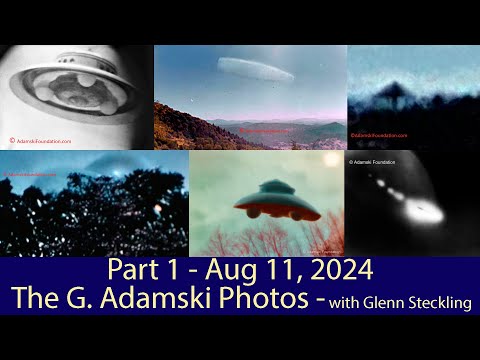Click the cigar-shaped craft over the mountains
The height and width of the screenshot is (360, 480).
254,69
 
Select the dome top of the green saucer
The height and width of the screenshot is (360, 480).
277,186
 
